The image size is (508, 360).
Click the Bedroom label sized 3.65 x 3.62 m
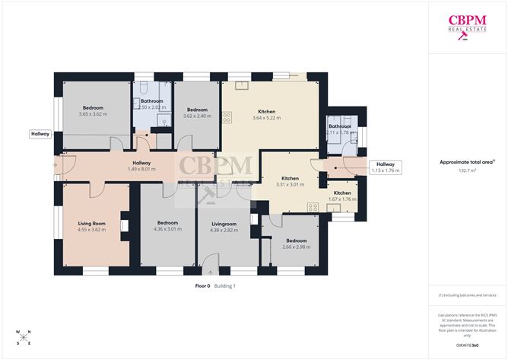(94, 111)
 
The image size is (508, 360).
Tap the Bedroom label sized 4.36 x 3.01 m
(166, 226)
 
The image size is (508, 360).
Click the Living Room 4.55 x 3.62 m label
(91, 226)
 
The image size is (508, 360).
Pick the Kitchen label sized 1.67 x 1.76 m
(342, 196)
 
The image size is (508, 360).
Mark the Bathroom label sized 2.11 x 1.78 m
(339, 129)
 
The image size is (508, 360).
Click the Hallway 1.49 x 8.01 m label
(141, 166)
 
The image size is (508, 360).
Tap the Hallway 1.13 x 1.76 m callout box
(386, 167)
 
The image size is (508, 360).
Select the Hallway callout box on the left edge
(40, 134)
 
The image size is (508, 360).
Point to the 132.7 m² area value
(468, 172)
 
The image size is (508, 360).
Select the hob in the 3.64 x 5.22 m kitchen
(227, 118)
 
